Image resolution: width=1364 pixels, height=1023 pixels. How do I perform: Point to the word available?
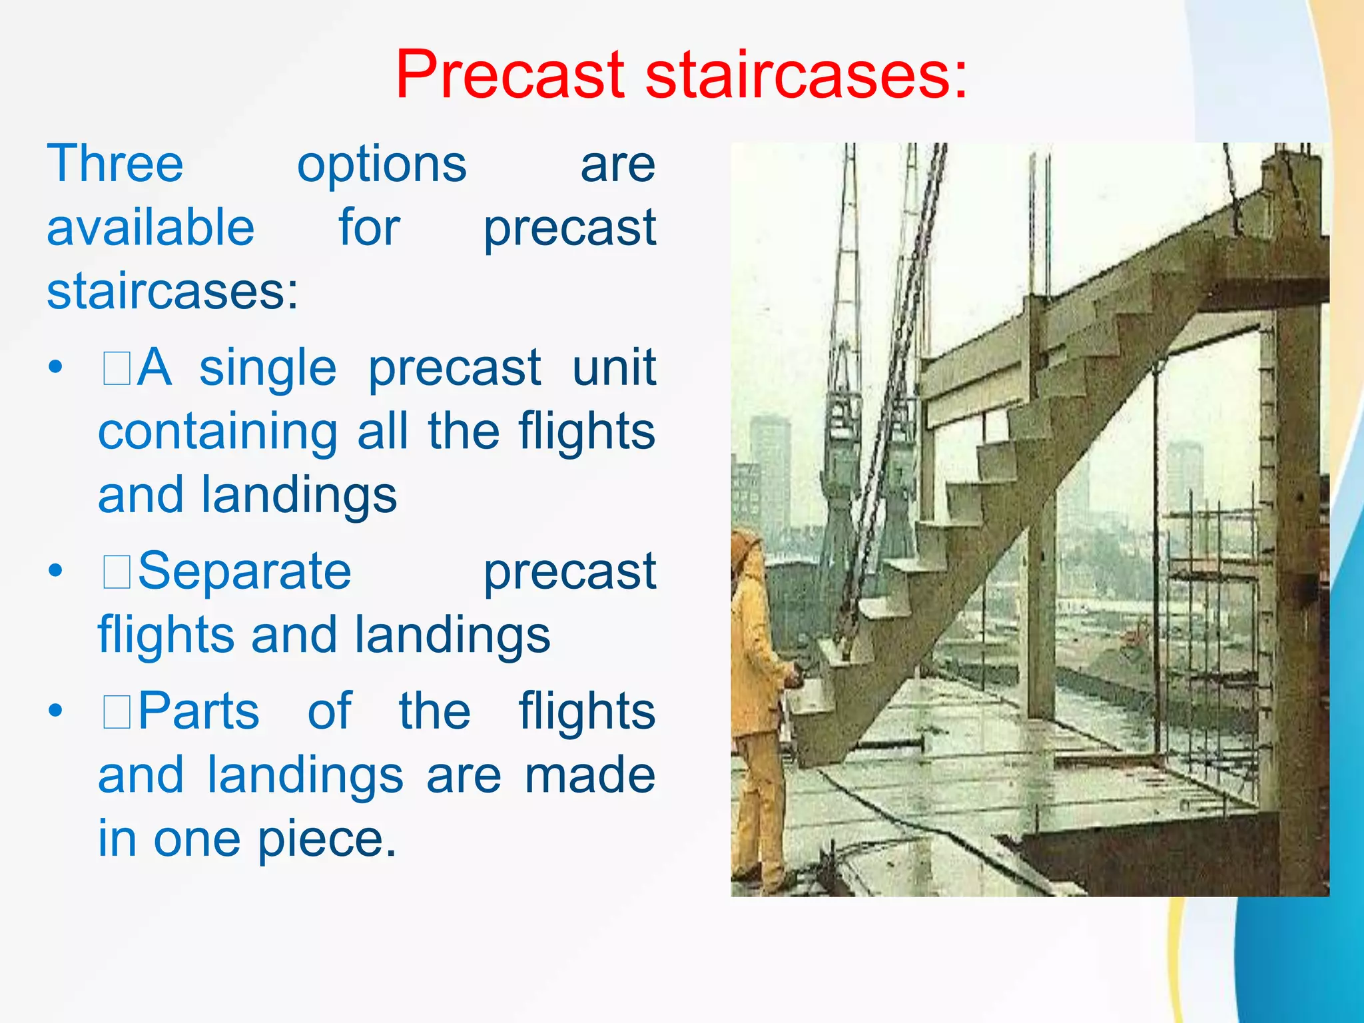pos(151,228)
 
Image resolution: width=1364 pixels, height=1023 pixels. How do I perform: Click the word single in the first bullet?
pos(268,369)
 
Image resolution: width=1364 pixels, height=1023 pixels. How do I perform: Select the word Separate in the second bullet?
pos(244,571)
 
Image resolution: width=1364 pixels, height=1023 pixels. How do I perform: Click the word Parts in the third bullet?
pos(198,711)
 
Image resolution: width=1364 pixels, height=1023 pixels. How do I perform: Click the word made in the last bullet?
pos(589,775)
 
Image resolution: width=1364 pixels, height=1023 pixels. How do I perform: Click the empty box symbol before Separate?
pos(117,573)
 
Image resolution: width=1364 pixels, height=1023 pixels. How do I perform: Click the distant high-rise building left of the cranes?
pos(771,466)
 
